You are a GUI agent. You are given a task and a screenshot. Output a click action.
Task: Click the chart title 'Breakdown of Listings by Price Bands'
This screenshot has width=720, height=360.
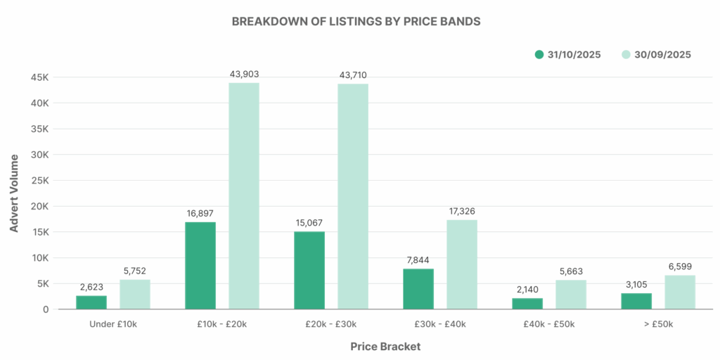pyautogui.click(x=356, y=21)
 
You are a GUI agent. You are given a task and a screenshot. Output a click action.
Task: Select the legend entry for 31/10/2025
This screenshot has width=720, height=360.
pyautogui.click(x=567, y=55)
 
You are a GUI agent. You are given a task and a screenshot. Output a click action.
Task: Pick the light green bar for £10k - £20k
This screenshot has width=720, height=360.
pyautogui.click(x=244, y=196)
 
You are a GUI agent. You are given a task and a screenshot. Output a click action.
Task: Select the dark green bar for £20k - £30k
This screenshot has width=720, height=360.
pyautogui.click(x=309, y=271)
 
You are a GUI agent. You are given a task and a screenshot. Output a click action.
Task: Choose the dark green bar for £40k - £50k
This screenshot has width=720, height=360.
pyautogui.click(x=527, y=304)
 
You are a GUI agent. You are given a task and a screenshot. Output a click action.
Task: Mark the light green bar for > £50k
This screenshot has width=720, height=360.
pyautogui.click(x=680, y=292)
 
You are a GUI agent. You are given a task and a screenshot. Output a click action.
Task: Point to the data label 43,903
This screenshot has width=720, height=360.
pyautogui.click(x=244, y=74)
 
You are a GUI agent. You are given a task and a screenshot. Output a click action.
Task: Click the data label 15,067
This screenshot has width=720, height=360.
pyautogui.click(x=309, y=223)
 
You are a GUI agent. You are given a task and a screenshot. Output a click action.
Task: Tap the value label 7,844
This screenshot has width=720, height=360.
pyautogui.click(x=418, y=260)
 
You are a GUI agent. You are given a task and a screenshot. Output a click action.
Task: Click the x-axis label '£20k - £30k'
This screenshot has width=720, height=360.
pyautogui.click(x=331, y=324)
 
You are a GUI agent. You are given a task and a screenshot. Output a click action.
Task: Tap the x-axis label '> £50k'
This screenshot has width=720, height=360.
pyautogui.click(x=658, y=324)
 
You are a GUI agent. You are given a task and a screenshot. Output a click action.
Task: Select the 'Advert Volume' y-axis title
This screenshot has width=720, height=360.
pyautogui.click(x=15, y=193)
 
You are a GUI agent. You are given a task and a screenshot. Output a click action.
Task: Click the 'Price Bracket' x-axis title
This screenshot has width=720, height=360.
pyautogui.click(x=385, y=347)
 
